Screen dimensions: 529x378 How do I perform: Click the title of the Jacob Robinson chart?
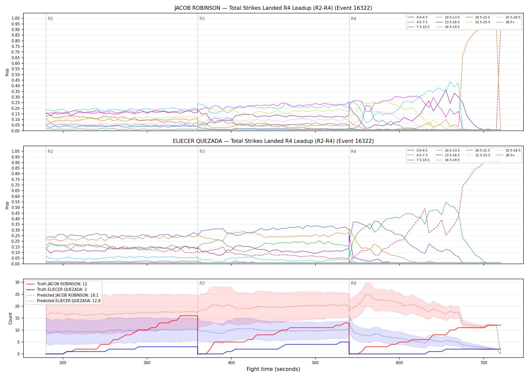tap(273, 8)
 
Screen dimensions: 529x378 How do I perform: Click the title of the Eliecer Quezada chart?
tap(273, 141)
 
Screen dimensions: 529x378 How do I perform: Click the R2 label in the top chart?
tap(50, 19)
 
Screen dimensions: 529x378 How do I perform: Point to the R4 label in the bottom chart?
tap(353, 283)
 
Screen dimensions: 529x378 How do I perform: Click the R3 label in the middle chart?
tap(202, 151)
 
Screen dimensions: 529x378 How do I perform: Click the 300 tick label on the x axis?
tap(147, 363)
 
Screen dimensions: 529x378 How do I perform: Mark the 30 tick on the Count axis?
tap(17, 282)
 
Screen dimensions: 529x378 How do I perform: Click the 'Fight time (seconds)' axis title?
tap(273, 369)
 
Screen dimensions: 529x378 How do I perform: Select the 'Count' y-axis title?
tap(10, 318)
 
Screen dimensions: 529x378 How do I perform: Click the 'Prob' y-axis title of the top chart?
tap(7, 72)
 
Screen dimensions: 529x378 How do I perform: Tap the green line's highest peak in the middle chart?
tap(446, 202)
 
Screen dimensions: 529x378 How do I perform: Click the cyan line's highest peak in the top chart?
tap(450, 81)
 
